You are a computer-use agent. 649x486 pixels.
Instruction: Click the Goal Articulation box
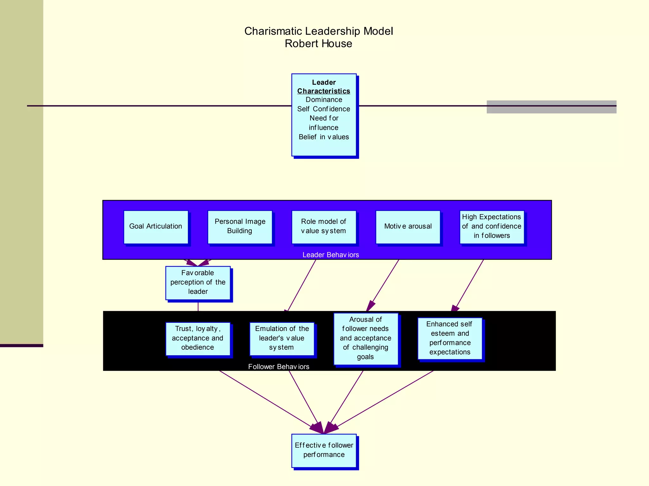(156, 227)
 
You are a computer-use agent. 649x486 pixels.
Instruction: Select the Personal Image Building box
(240, 227)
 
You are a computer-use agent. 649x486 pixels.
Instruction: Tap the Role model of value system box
(324, 227)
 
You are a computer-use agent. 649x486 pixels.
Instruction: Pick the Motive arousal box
(408, 227)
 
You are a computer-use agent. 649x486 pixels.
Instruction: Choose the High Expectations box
(492, 227)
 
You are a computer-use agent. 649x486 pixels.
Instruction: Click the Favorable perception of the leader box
(198, 283)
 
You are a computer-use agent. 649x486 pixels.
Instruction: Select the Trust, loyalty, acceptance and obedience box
(198, 339)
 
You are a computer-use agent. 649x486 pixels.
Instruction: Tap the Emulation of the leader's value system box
(282, 339)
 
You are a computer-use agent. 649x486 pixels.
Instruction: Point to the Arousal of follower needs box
(366, 339)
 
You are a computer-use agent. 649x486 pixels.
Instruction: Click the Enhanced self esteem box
(450, 338)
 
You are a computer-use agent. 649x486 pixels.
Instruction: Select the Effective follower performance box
(324, 450)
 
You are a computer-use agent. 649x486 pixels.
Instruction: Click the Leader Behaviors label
(331, 255)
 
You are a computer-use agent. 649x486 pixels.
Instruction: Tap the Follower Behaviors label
(279, 367)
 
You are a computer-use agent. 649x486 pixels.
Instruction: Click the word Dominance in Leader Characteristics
(324, 100)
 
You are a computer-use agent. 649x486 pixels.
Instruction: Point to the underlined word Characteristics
(324, 91)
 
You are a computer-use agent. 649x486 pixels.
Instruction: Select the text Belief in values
(324, 137)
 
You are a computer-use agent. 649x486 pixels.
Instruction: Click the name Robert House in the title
(318, 44)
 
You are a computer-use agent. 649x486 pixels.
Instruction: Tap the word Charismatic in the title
(273, 31)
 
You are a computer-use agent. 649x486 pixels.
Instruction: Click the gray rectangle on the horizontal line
(551, 107)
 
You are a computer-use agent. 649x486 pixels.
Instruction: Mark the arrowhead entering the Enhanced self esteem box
(455, 308)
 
